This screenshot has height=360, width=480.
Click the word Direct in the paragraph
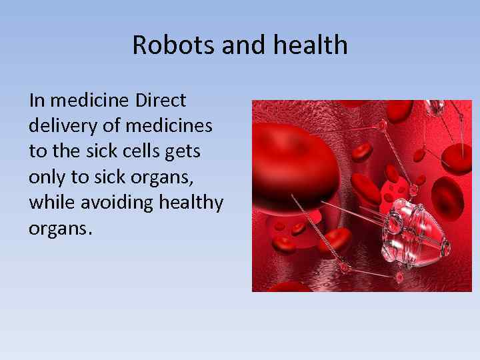(x=161, y=101)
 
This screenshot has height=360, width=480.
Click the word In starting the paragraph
(x=37, y=101)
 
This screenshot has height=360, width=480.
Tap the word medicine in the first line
(x=91, y=101)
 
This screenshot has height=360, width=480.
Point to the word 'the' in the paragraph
(x=65, y=151)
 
